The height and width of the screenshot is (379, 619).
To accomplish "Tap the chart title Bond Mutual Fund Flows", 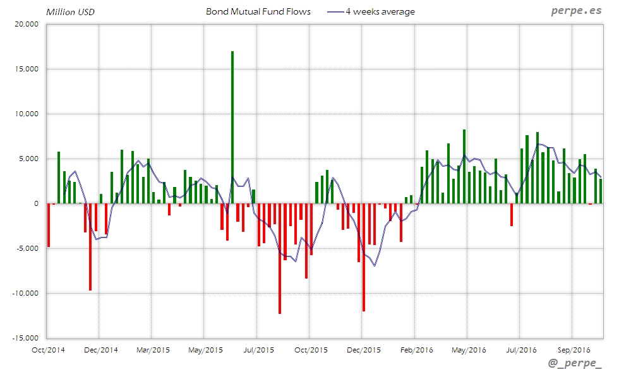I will [x=258, y=11].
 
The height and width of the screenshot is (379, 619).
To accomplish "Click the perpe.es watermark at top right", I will [x=576, y=11].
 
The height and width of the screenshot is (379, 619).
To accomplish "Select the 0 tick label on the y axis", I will [x=37, y=203].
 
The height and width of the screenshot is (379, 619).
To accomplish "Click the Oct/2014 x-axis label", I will [x=47, y=349].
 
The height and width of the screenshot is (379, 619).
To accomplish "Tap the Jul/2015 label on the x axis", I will [x=258, y=349].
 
